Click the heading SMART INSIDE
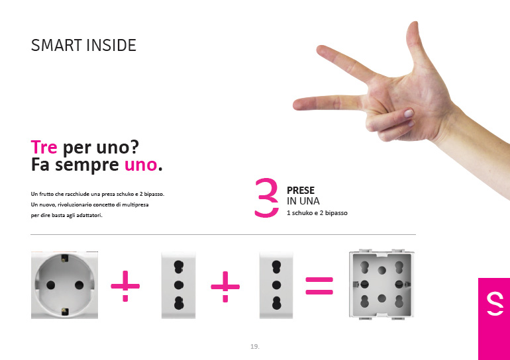click(83, 45)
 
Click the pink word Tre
click(44, 147)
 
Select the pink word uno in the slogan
click(141, 165)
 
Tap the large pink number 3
click(266, 198)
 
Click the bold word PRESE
click(301, 191)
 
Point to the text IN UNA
click(303, 201)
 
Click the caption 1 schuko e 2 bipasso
click(317, 213)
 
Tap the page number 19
click(255, 346)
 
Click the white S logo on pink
click(495, 303)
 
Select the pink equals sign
click(319, 286)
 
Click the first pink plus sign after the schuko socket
click(125, 287)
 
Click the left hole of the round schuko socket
click(51, 285)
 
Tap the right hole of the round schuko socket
click(79, 285)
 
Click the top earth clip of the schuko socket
click(65, 258)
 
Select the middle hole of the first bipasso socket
click(179, 285)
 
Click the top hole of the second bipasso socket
click(276, 267)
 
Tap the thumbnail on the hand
click(408, 113)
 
